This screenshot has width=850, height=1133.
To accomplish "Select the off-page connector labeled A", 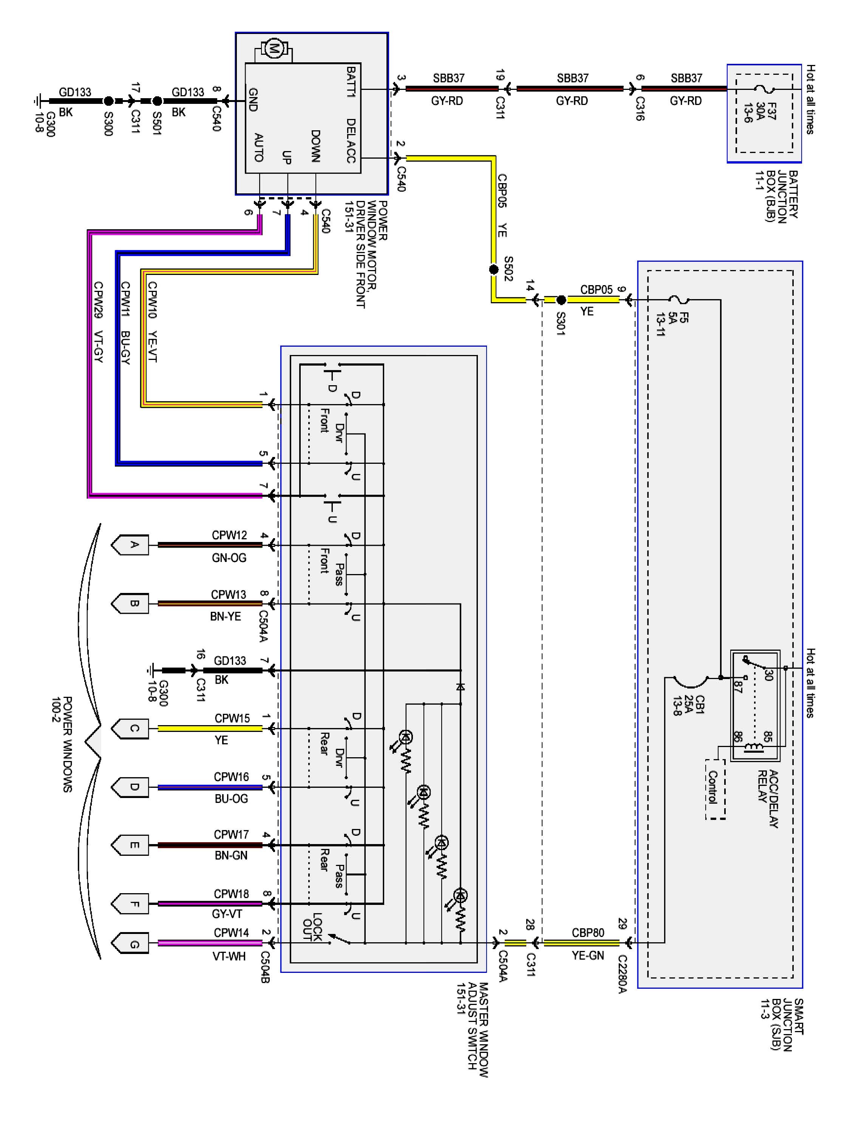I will [x=131, y=545].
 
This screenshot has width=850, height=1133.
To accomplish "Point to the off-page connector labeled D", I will [x=131, y=787].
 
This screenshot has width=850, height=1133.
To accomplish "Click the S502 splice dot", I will [x=493, y=269].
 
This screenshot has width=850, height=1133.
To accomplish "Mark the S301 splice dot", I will [x=561, y=299].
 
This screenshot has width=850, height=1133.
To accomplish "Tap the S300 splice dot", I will [x=109, y=101].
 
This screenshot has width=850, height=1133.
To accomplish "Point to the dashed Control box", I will [x=715, y=789].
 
